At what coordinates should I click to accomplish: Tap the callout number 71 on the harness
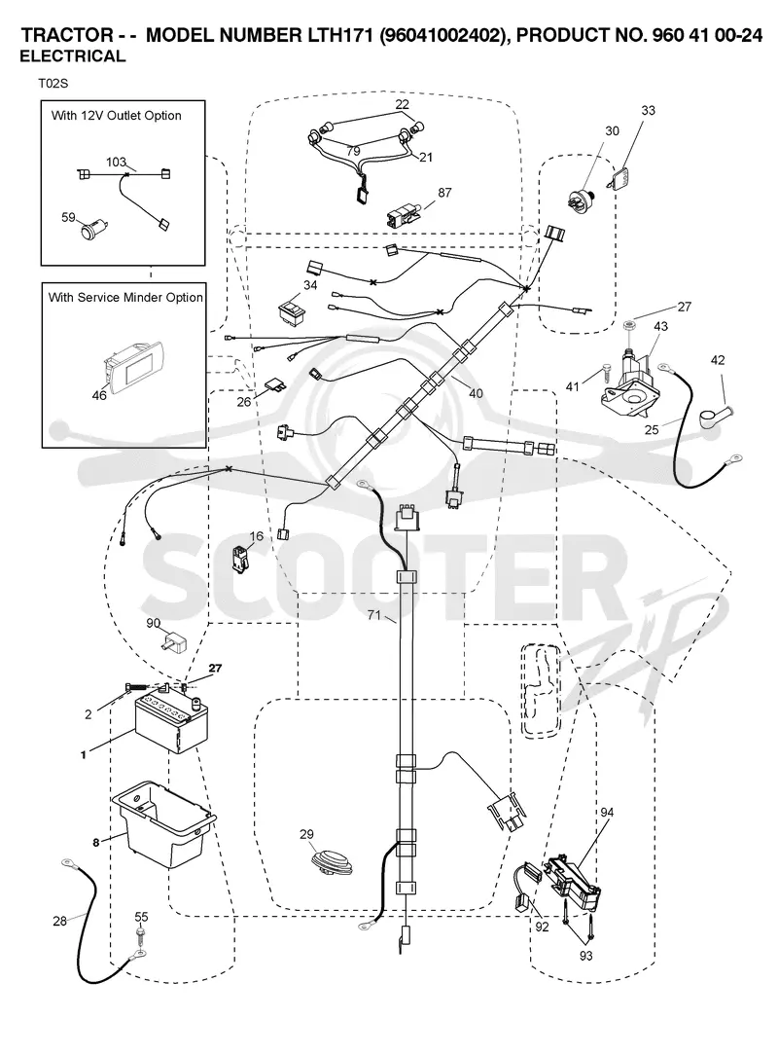(x=373, y=614)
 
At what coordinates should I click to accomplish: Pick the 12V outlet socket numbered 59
(x=92, y=229)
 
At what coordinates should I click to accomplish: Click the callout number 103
(x=116, y=163)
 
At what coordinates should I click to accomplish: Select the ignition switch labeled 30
(x=579, y=199)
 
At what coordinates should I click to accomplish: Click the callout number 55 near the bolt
(x=141, y=917)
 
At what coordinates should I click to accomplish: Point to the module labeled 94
(x=573, y=877)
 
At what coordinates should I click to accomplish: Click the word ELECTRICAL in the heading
(x=73, y=56)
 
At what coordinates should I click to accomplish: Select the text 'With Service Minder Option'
(x=125, y=298)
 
